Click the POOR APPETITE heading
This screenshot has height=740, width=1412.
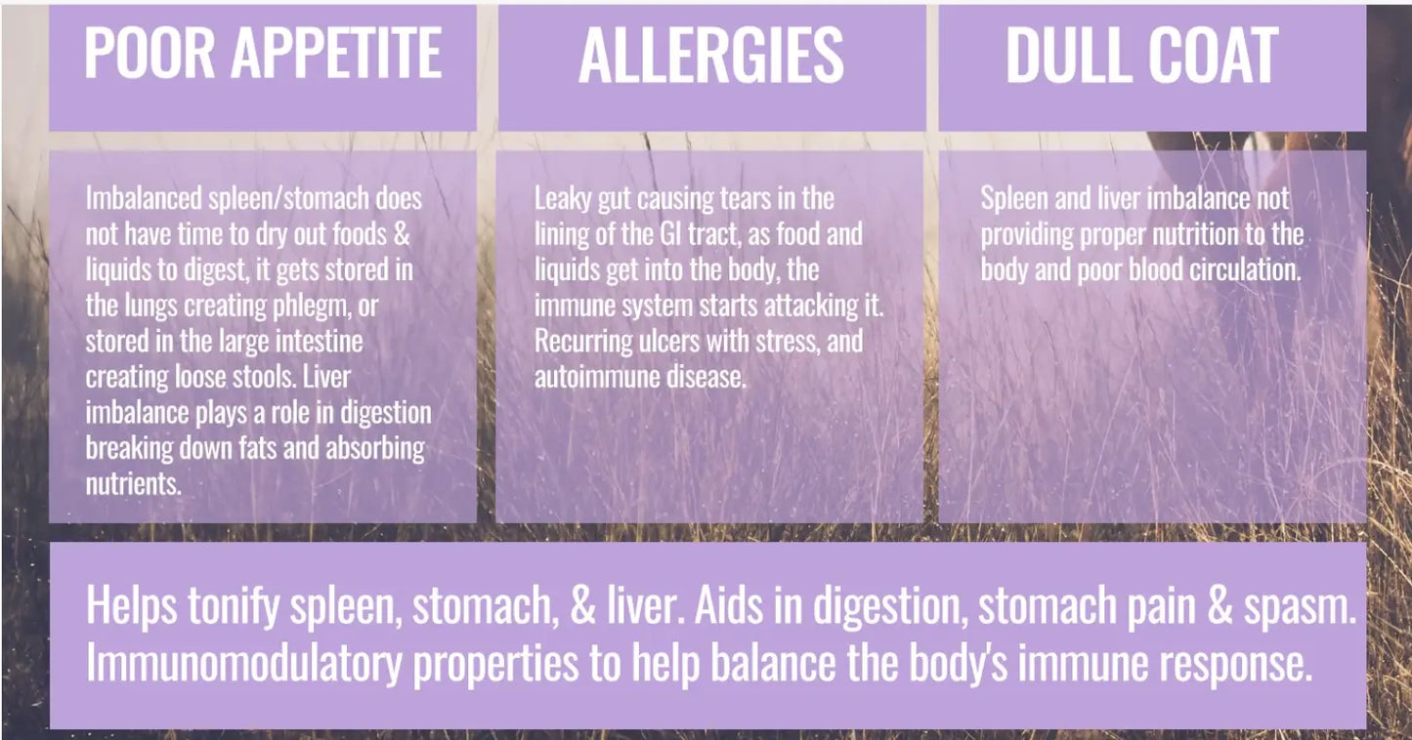coord(262,53)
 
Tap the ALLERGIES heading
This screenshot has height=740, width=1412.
coord(711,55)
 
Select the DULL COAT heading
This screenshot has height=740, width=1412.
coord(1142,55)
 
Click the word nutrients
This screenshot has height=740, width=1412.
coord(132,483)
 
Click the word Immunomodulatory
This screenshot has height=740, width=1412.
coord(243,665)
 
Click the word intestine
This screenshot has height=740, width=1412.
coord(312,342)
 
